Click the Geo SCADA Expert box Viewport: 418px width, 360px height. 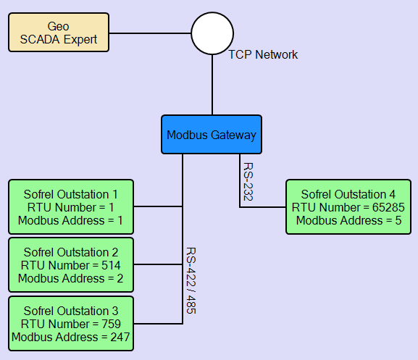coord(59,33)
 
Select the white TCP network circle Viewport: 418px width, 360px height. coord(212,33)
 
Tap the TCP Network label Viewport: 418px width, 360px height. coord(263,54)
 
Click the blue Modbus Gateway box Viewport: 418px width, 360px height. coord(212,134)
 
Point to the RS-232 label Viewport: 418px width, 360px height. coord(248,182)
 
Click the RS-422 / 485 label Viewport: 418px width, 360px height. coord(191,280)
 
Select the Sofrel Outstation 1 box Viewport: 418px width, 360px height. coord(71,206)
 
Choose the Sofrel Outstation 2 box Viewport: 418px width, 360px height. coord(71,265)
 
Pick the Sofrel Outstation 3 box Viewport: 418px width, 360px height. coord(71,324)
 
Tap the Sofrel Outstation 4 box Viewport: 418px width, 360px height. coord(348,206)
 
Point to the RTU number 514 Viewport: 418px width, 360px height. coord(111,265)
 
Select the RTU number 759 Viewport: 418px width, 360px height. coord(111,324)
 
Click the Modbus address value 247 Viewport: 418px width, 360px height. coord(120,337)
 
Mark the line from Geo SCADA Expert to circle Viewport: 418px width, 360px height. coord(150,33)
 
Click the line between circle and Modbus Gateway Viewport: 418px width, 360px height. coord(212,85)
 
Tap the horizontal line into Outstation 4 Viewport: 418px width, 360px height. coord(262,206)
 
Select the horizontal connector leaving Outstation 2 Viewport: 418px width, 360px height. coord(158,264)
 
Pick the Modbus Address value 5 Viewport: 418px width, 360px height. coord(398,220)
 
